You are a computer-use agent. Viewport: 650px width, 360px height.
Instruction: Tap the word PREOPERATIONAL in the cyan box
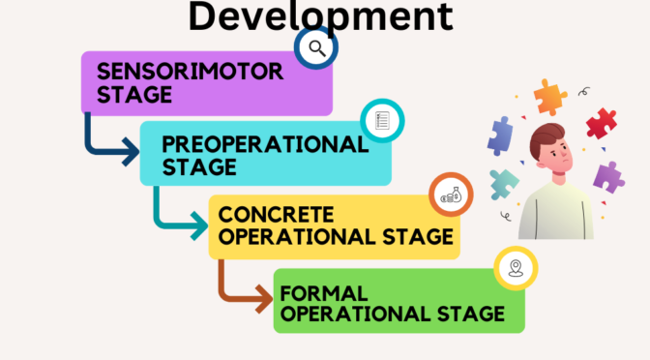265,144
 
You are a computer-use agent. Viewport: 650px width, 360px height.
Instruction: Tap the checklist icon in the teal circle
381,121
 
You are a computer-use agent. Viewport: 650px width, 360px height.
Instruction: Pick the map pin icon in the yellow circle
515,268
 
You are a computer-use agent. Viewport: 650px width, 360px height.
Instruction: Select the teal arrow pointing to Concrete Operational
179,217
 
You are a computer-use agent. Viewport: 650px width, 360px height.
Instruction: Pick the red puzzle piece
601,123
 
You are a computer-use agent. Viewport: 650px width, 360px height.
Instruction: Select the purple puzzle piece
607,177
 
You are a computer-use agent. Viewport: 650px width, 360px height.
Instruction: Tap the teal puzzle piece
503,183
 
